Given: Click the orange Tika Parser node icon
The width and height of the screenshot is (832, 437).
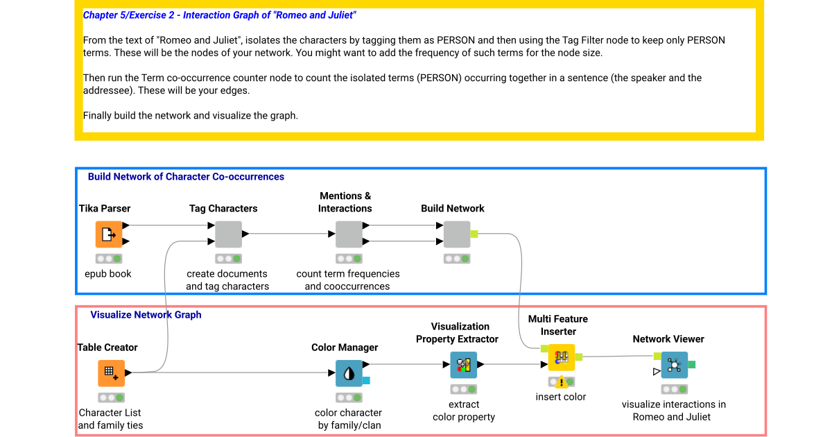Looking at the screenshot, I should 109,234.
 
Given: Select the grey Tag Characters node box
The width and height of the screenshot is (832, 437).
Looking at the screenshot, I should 228,234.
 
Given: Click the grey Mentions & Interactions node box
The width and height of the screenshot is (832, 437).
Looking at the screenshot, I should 349,234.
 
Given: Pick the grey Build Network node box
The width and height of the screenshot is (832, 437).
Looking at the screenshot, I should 456,234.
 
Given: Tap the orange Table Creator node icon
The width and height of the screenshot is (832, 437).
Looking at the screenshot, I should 111,373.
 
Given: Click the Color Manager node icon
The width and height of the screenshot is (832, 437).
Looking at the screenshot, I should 349,373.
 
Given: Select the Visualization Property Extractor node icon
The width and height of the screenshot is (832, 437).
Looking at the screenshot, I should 463,365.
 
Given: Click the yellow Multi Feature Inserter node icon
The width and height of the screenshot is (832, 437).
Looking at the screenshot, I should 562,357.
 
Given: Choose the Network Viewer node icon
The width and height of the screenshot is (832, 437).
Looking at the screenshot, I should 674,365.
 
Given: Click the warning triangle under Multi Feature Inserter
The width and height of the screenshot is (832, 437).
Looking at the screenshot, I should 562,382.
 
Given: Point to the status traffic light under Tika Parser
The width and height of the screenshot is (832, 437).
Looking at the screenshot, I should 109,259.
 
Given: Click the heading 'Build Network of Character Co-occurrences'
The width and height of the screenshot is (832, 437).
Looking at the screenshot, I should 186,177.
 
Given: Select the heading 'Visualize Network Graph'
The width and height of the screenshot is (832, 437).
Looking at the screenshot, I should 146,315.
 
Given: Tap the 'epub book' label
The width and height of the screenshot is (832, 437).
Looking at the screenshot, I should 109,274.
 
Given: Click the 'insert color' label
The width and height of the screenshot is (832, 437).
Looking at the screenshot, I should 560,397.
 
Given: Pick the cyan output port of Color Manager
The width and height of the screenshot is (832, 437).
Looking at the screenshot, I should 366,380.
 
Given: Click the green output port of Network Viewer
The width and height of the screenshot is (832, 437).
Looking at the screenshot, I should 692,364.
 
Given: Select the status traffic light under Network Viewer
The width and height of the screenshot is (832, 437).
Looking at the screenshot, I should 674,389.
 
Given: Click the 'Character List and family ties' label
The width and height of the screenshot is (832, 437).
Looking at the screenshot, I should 110,419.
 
